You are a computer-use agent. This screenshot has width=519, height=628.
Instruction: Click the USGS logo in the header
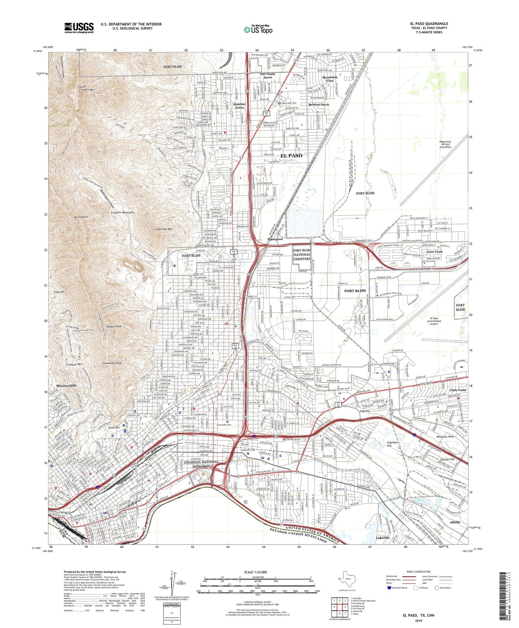pyautogui.click(x=79, y=27)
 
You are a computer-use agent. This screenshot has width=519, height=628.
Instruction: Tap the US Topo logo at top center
pyautogui.click(x=258, y=30)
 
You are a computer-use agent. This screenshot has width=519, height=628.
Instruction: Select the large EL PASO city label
pyautogui.click(x=291, y=156)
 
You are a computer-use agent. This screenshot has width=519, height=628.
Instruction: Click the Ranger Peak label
pyautogui.click(x=114, y=326)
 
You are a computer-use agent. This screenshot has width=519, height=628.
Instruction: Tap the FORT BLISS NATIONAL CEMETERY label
pyautogui.click(x=302, y=254)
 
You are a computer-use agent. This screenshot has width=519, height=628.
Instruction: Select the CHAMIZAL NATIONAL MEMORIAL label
pyautogui.click(x=201, y=464)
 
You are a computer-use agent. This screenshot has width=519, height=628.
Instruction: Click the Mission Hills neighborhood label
pyautogui.click(x=66, y=386)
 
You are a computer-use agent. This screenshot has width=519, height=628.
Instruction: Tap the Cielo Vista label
pyautogui.click(x=457, y=390)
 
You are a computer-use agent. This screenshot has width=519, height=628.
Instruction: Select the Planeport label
pyautogui.click(x=275, y=239)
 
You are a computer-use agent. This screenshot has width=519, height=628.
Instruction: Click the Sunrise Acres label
pyautogui.click(x=239, y=106)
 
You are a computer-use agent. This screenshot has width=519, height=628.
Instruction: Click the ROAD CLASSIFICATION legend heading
pyautogui.click(x=418, y=572)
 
